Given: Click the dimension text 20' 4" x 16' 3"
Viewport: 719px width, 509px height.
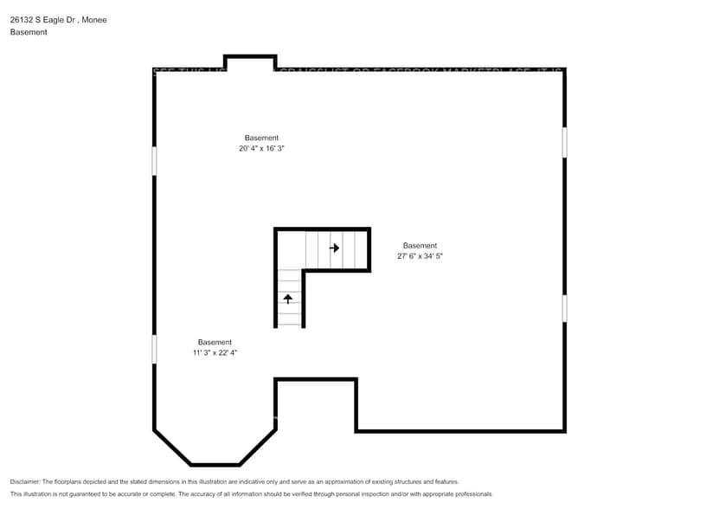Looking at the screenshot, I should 261,149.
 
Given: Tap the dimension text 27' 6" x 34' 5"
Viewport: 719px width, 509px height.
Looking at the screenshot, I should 420,256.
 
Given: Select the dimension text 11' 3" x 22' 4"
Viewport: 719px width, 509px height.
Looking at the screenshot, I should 215,353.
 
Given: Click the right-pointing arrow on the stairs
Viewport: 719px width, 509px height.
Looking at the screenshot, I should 334,248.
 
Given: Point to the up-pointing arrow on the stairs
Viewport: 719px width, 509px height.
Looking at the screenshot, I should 288,299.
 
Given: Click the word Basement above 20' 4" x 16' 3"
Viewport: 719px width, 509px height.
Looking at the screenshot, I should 261,138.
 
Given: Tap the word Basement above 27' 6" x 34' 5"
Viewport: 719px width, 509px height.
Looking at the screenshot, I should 420,245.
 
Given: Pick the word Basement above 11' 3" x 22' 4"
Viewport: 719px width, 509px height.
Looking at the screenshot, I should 215,342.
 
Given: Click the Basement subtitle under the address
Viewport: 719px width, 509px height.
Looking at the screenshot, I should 29,32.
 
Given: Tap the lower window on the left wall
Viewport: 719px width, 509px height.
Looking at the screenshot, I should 154,349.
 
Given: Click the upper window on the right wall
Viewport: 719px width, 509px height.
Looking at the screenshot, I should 565,142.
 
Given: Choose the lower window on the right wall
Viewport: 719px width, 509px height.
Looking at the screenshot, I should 565,308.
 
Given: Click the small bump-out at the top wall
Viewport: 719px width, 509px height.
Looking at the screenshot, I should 250,61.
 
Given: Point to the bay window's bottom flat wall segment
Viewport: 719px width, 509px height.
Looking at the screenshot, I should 215,465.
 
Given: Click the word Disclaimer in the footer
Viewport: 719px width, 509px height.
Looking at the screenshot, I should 24,481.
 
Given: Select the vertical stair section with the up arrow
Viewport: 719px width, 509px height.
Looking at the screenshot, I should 290,298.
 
